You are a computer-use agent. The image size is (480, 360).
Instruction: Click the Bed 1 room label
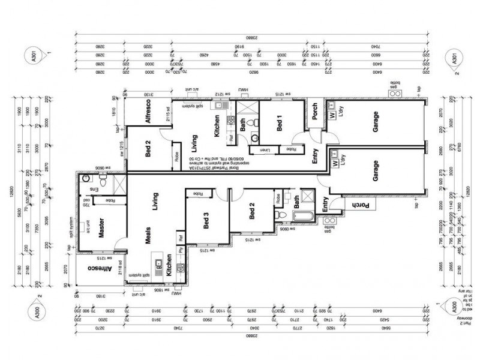click(x=280, y=125)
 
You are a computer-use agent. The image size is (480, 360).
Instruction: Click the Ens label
click(x=92, y=190)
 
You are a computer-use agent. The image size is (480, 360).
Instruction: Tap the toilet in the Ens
click(x=103, y=179)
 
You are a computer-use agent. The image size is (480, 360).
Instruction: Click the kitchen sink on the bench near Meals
click(x=158, y=262)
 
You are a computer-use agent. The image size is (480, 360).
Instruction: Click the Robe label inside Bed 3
click(x=198, y=194)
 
